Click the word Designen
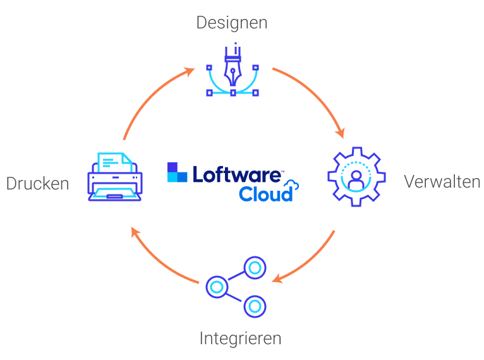click(x=232, y=23)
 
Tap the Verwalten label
click(x=442, y=181)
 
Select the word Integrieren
click(x=241, y=339)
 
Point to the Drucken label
click(x=38, y=184)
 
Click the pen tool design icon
click(x=233, y=69)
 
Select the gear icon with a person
click(x=356, y=176)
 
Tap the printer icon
click(x=115, y=177)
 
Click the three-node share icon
click(x=236, y=287)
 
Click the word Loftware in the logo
click(x=237, y=174)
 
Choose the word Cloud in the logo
click(x=266, y=194)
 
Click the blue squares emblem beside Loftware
click(x=177, y=172)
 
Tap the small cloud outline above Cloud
click(x=291, y=185)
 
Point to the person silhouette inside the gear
click(x=356, y=180)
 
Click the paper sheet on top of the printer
click(x=115, y=162)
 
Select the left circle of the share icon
click(x=217, y=287)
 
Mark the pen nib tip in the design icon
click(x=233, y=85)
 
